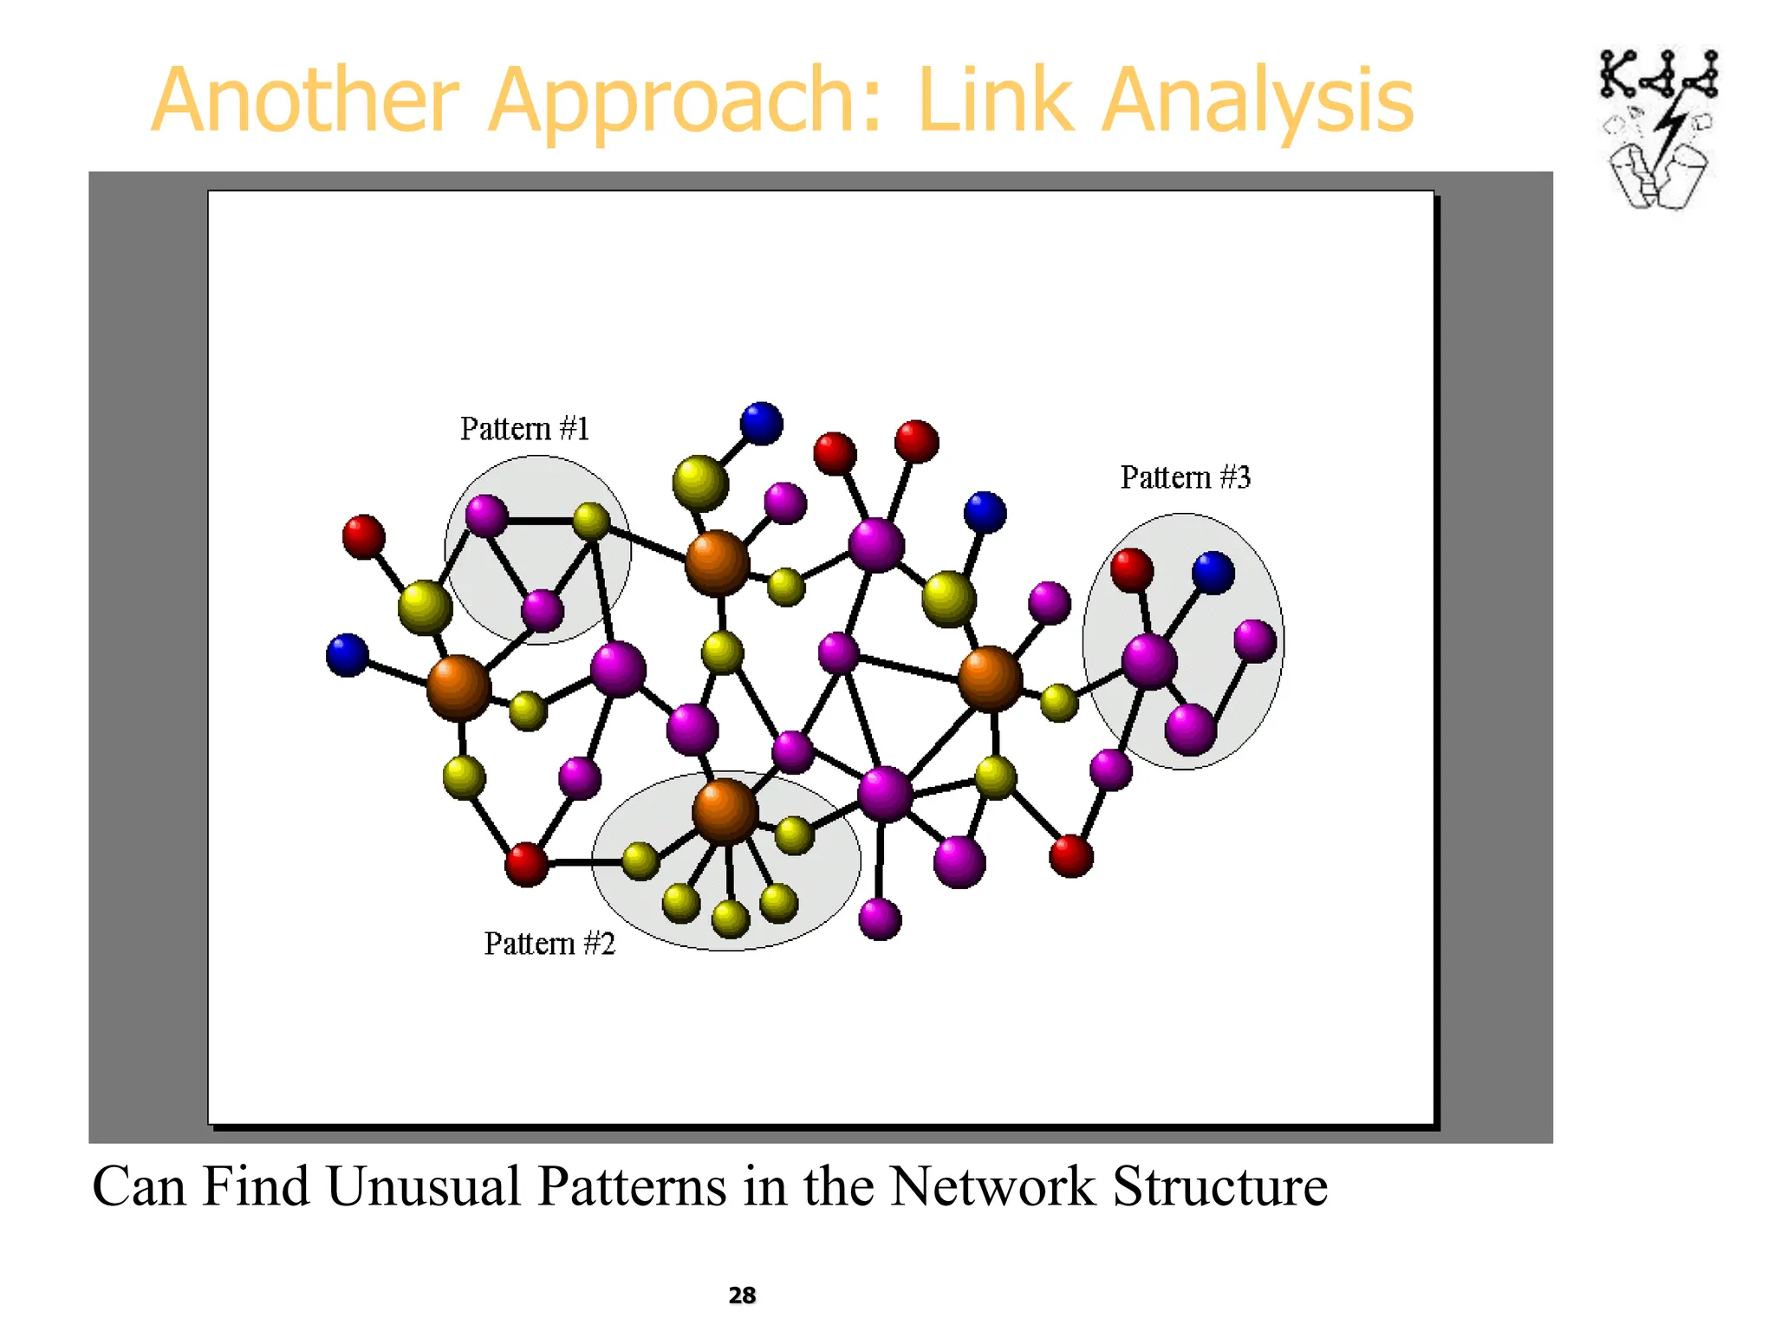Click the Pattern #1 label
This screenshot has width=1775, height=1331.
coord(524,429)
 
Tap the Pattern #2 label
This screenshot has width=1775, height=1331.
coord(549,944)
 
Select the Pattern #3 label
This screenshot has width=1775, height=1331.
coord(1185,477)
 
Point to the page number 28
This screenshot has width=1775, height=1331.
coord(742,1295)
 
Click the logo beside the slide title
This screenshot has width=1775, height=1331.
coord(1658,128)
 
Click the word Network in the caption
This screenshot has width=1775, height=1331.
coord(992,1186)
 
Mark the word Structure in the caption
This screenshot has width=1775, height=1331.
coord(1219,1186)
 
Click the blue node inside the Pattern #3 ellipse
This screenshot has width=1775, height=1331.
coord(1213,573)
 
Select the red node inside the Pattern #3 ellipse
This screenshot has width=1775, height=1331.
coord(1132,570)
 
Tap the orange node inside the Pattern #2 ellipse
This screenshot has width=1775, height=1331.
coord(725,811)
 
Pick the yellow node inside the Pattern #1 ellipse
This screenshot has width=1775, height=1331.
coord(591,521)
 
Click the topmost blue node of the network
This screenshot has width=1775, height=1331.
coord(761,424)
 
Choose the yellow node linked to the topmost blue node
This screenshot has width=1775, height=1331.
coord(700,483)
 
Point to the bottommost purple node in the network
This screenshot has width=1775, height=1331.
coord(880,919)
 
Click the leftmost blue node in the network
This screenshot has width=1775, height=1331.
coord(348,654)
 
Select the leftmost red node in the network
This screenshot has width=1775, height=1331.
coord(363,536)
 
